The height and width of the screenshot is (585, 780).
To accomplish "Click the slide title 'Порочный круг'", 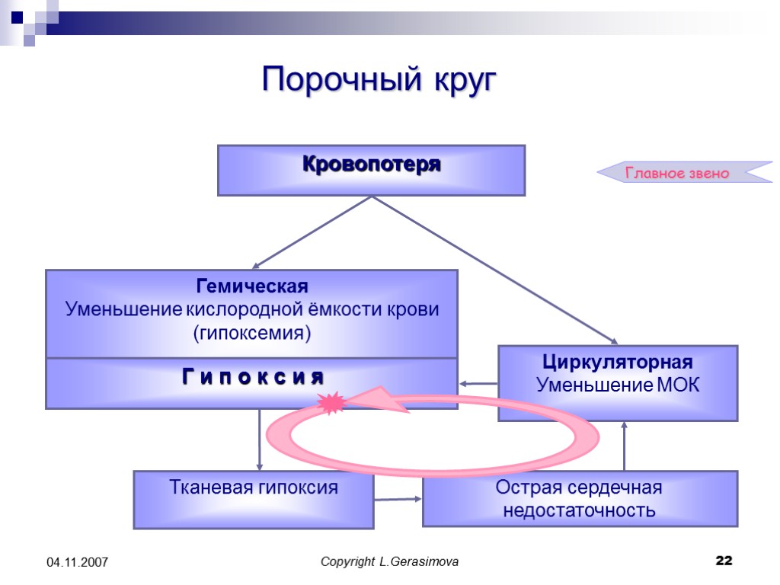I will [379, 80].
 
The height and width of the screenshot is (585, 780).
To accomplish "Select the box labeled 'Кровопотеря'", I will [372, 170].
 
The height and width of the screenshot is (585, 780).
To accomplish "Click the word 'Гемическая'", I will [252, 287].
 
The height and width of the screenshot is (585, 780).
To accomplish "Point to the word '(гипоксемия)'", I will [252, 334].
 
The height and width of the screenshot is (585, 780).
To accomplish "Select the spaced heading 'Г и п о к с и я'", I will [252, 376].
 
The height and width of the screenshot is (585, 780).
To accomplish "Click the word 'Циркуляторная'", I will [618, 361].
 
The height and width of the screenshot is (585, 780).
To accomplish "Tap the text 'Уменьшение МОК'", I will [618, 385].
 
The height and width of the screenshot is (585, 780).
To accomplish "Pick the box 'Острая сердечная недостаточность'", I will [580, 499].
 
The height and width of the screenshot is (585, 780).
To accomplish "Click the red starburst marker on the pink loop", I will [332, 402].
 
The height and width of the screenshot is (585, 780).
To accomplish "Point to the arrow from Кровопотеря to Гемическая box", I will [312, 232].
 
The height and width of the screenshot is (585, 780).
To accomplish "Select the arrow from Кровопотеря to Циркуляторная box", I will [495, 270].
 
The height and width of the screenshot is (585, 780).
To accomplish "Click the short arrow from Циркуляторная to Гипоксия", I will [478, 384].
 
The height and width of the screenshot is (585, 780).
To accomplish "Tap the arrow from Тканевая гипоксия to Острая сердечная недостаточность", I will [398, 500].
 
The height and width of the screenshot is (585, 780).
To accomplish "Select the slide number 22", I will [724, 561].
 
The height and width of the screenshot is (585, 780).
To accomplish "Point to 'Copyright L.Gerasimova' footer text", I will [390, 562].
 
